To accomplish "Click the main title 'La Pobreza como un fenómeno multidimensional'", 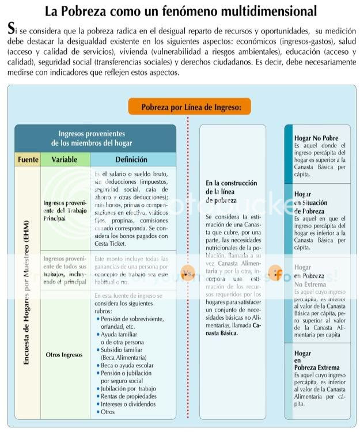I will (180, 10).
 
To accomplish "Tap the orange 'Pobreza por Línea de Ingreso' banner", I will (188, 106).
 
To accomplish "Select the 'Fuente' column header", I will (27, 160).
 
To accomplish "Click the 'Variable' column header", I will (65, 160).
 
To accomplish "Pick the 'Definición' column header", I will (131, 160).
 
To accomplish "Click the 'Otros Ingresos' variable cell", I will (65, 355).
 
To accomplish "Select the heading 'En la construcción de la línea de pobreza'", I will (231, 192).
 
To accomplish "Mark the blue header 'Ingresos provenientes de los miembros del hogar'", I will (96, 138).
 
